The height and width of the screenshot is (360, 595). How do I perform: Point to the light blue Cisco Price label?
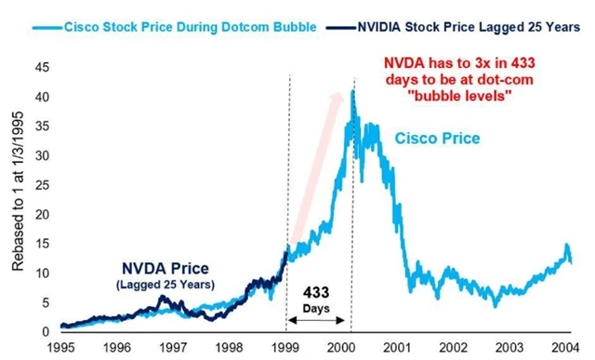coord(436,139)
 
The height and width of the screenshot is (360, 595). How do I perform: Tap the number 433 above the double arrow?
coord(319,291)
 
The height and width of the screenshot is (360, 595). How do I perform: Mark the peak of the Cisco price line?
coord(352,90)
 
